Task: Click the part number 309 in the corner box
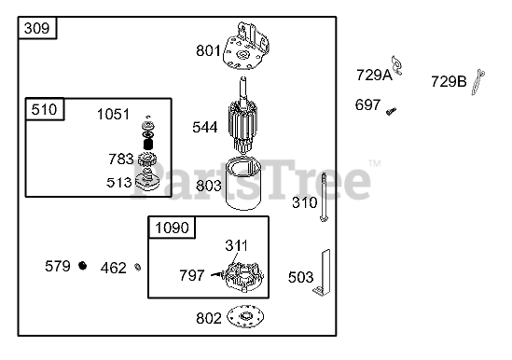(x=37, y=28)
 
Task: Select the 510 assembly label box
(x=45, y=109)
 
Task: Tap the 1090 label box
(x=172, y=228)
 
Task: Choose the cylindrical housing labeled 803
(x=243, y=184)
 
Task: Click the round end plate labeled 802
(x=245, y=316)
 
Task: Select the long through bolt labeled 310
(x=324, y=198)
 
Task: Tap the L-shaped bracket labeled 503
(x=323, y=272)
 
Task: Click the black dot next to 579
(x=83, y=266)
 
